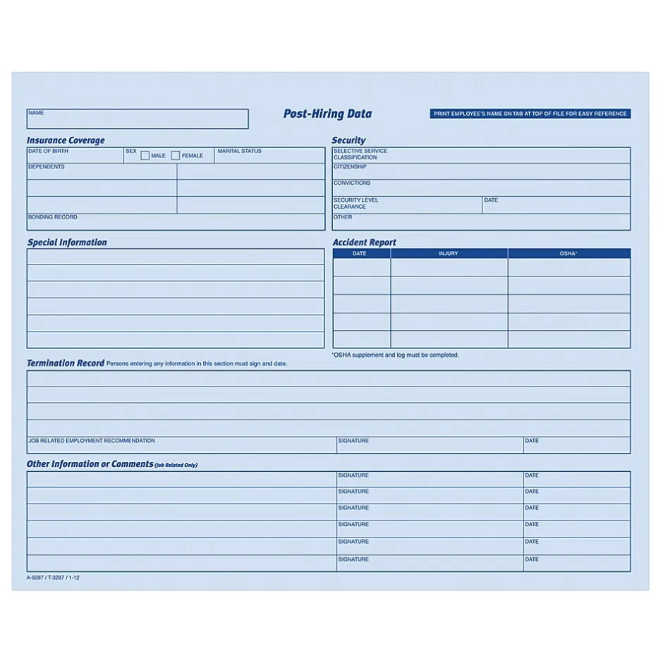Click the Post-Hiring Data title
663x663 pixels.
pyautogui.click(x=327, y=114)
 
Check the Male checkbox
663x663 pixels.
pyautogui.click(x=145, y=156)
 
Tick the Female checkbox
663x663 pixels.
pyautogui.click(x=176, y=156)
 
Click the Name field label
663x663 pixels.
pyautogui.click(x=36, y=113)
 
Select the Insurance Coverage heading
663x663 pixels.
pyautogui.click(x=66, y=140)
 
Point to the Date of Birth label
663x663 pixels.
pyautogui.click(x=49, y=152)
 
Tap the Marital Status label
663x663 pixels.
pyautogui.click(x=239, y=152)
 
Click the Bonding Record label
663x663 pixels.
pyautogui.click(x=53, y=217)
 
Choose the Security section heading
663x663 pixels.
pyautogui.click(x=348, y=140)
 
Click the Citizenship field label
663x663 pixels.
pyautogui.click(x=350, y=167)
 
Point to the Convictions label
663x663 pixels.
pyautogui.click(x=352, y=183)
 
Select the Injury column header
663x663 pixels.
pyautogui.click(x=449, y=253)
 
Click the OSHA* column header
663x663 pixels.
pyautogui.click(x=568, y=253)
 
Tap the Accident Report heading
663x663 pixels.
pyautogui.click(x=364, y=243)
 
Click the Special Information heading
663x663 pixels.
pyautogui.click(x=67, y=243)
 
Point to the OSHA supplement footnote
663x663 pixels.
pyautogui.click(x=395, y=355)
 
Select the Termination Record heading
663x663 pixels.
pyautogui.click(x=66, y=363)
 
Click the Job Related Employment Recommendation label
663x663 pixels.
pyautogui.click(x=92, y=441)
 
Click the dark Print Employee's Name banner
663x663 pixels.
pyautogui.click(x=530, y=114)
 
